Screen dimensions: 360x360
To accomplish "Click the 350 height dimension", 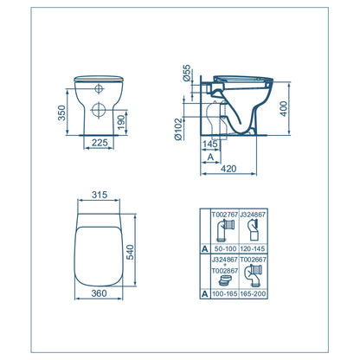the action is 62,112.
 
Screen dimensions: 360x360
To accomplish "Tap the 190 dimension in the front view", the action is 122,122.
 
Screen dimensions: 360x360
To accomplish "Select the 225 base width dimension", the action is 100,143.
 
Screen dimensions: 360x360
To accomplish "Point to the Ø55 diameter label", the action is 187,73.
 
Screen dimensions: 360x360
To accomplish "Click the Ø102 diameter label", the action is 178,129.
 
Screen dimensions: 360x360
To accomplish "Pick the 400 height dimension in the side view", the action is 284,108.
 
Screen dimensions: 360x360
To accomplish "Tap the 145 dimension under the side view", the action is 210,144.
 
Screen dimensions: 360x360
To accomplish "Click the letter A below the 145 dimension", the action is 210,157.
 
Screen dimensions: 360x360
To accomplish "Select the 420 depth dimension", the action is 228,169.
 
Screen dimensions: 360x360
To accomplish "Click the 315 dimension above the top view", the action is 100,195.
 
